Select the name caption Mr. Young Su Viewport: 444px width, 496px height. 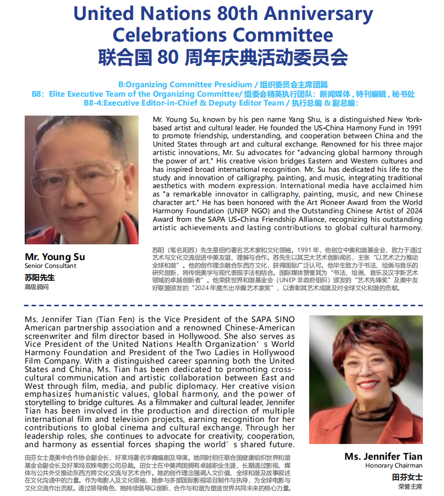tap(55, 257)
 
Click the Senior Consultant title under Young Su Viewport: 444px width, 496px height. tap(50, 266)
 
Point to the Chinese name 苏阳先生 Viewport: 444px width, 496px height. tap(39, 277)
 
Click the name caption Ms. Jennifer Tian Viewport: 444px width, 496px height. tap(383, 456)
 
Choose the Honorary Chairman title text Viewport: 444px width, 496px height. tap(394, 466)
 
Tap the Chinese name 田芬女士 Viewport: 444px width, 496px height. tap(407, 477)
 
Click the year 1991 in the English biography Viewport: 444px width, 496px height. tap(411, 128)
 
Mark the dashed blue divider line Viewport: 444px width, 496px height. tap(222, 305)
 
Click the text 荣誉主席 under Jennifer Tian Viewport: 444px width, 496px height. tap(410, 487)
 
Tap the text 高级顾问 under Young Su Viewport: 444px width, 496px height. tap(36, 287)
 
